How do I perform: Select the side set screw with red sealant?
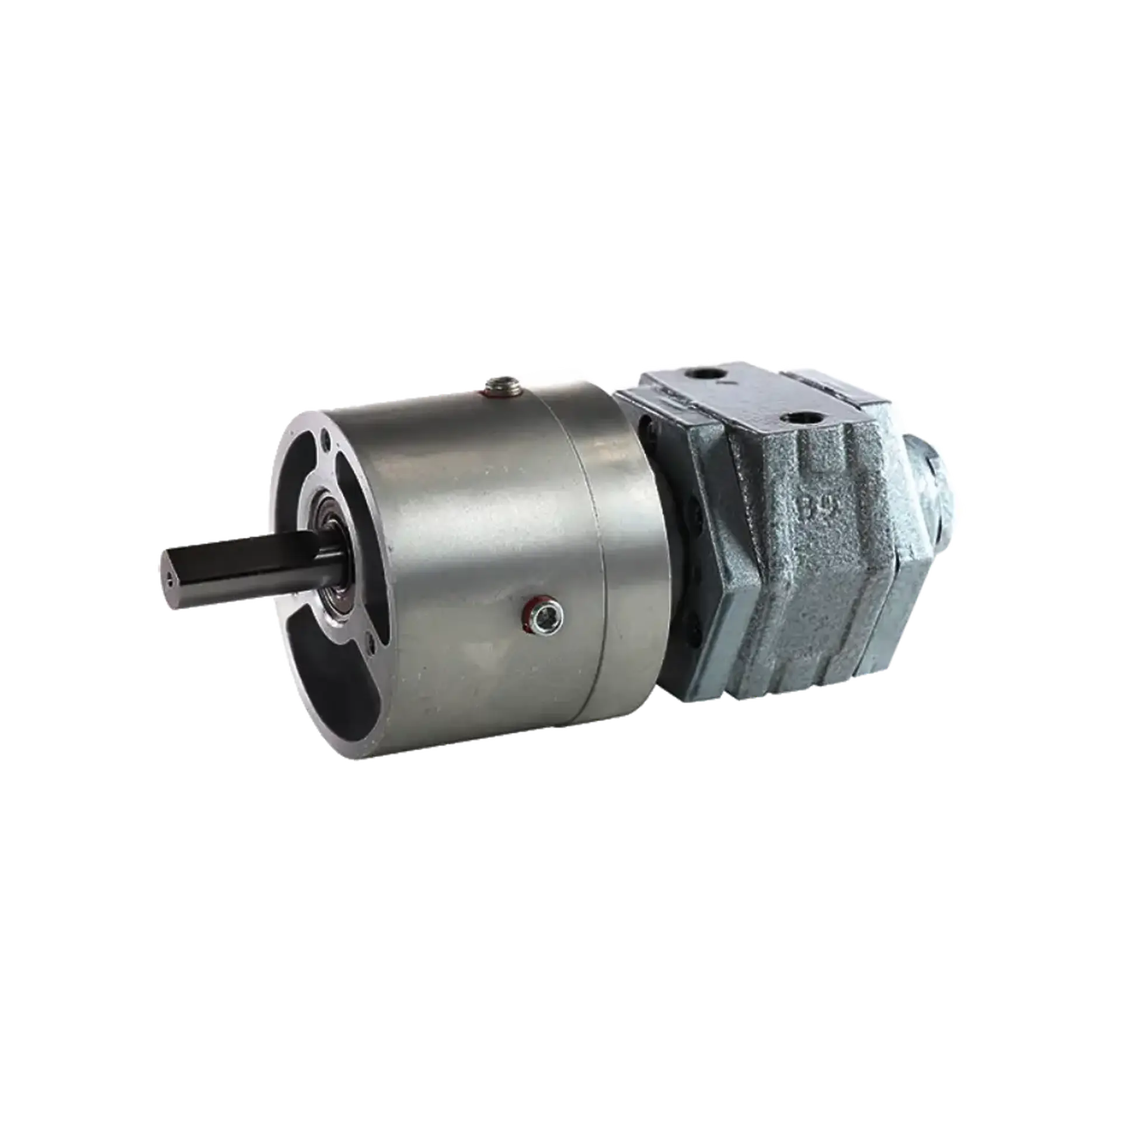click(544, 613)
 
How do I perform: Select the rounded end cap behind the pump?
click(934, 485)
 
